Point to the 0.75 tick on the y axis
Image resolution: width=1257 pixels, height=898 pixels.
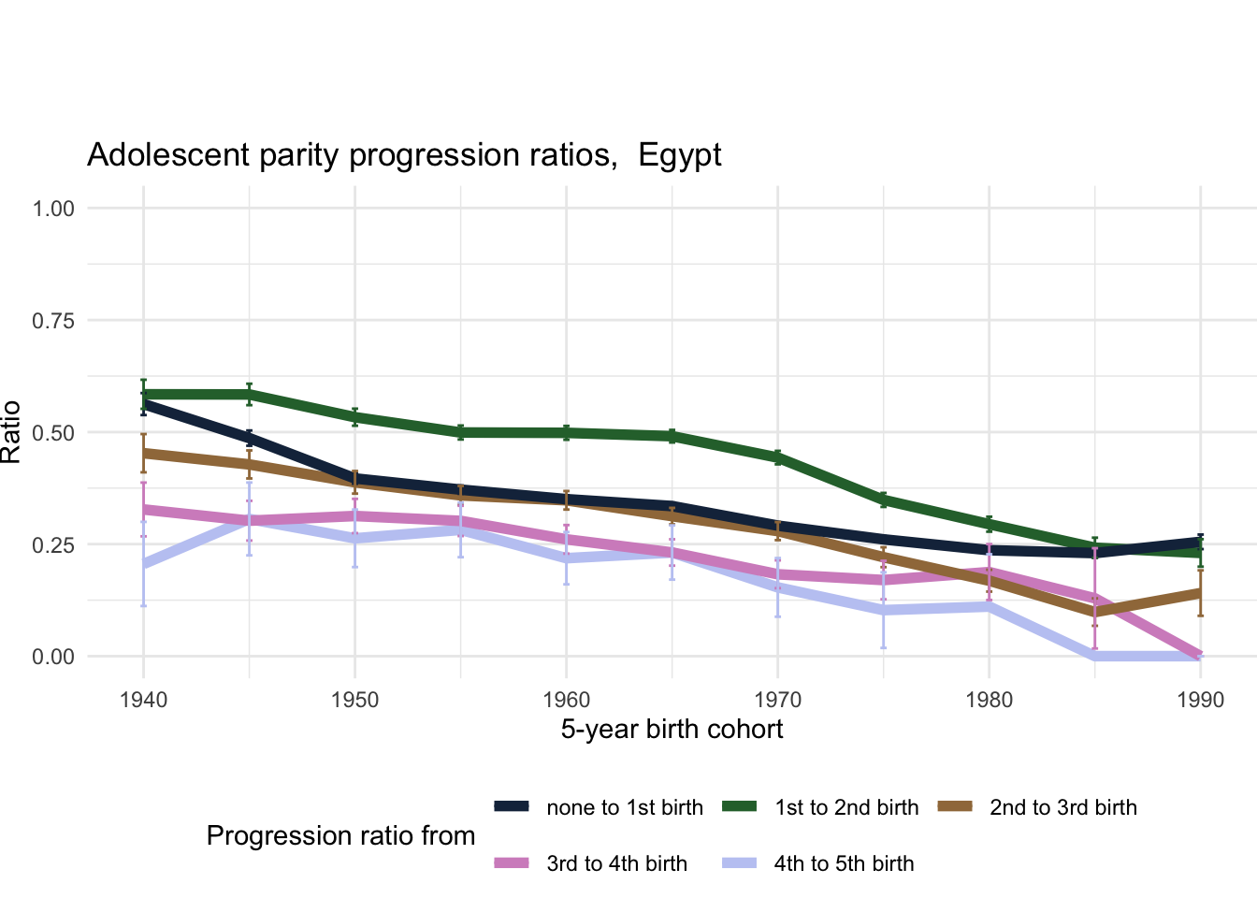coord(53,321)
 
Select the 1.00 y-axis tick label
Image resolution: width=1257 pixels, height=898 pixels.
coord(53,209)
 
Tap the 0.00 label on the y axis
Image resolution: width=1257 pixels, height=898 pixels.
coord(53,657)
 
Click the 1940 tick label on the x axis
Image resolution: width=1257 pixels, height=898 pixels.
coord(143,701)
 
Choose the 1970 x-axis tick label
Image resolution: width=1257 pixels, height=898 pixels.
coord(777,701)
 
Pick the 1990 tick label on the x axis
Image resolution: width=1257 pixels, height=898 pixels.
coord(1201,701)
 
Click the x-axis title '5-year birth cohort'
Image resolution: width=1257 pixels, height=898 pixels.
coord(672,730)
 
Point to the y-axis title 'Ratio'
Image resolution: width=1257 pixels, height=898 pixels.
coord(11,432)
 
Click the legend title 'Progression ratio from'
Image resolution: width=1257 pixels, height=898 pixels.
coord(340,836)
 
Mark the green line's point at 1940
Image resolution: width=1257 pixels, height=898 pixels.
coord(143,395)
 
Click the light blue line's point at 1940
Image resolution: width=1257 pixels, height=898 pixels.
coord(143,563)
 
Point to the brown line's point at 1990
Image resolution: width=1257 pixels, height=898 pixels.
coord(1201,592)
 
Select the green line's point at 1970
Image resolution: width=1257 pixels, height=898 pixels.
coord(777,457)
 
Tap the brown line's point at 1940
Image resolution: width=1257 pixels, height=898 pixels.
coord(143,454)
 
